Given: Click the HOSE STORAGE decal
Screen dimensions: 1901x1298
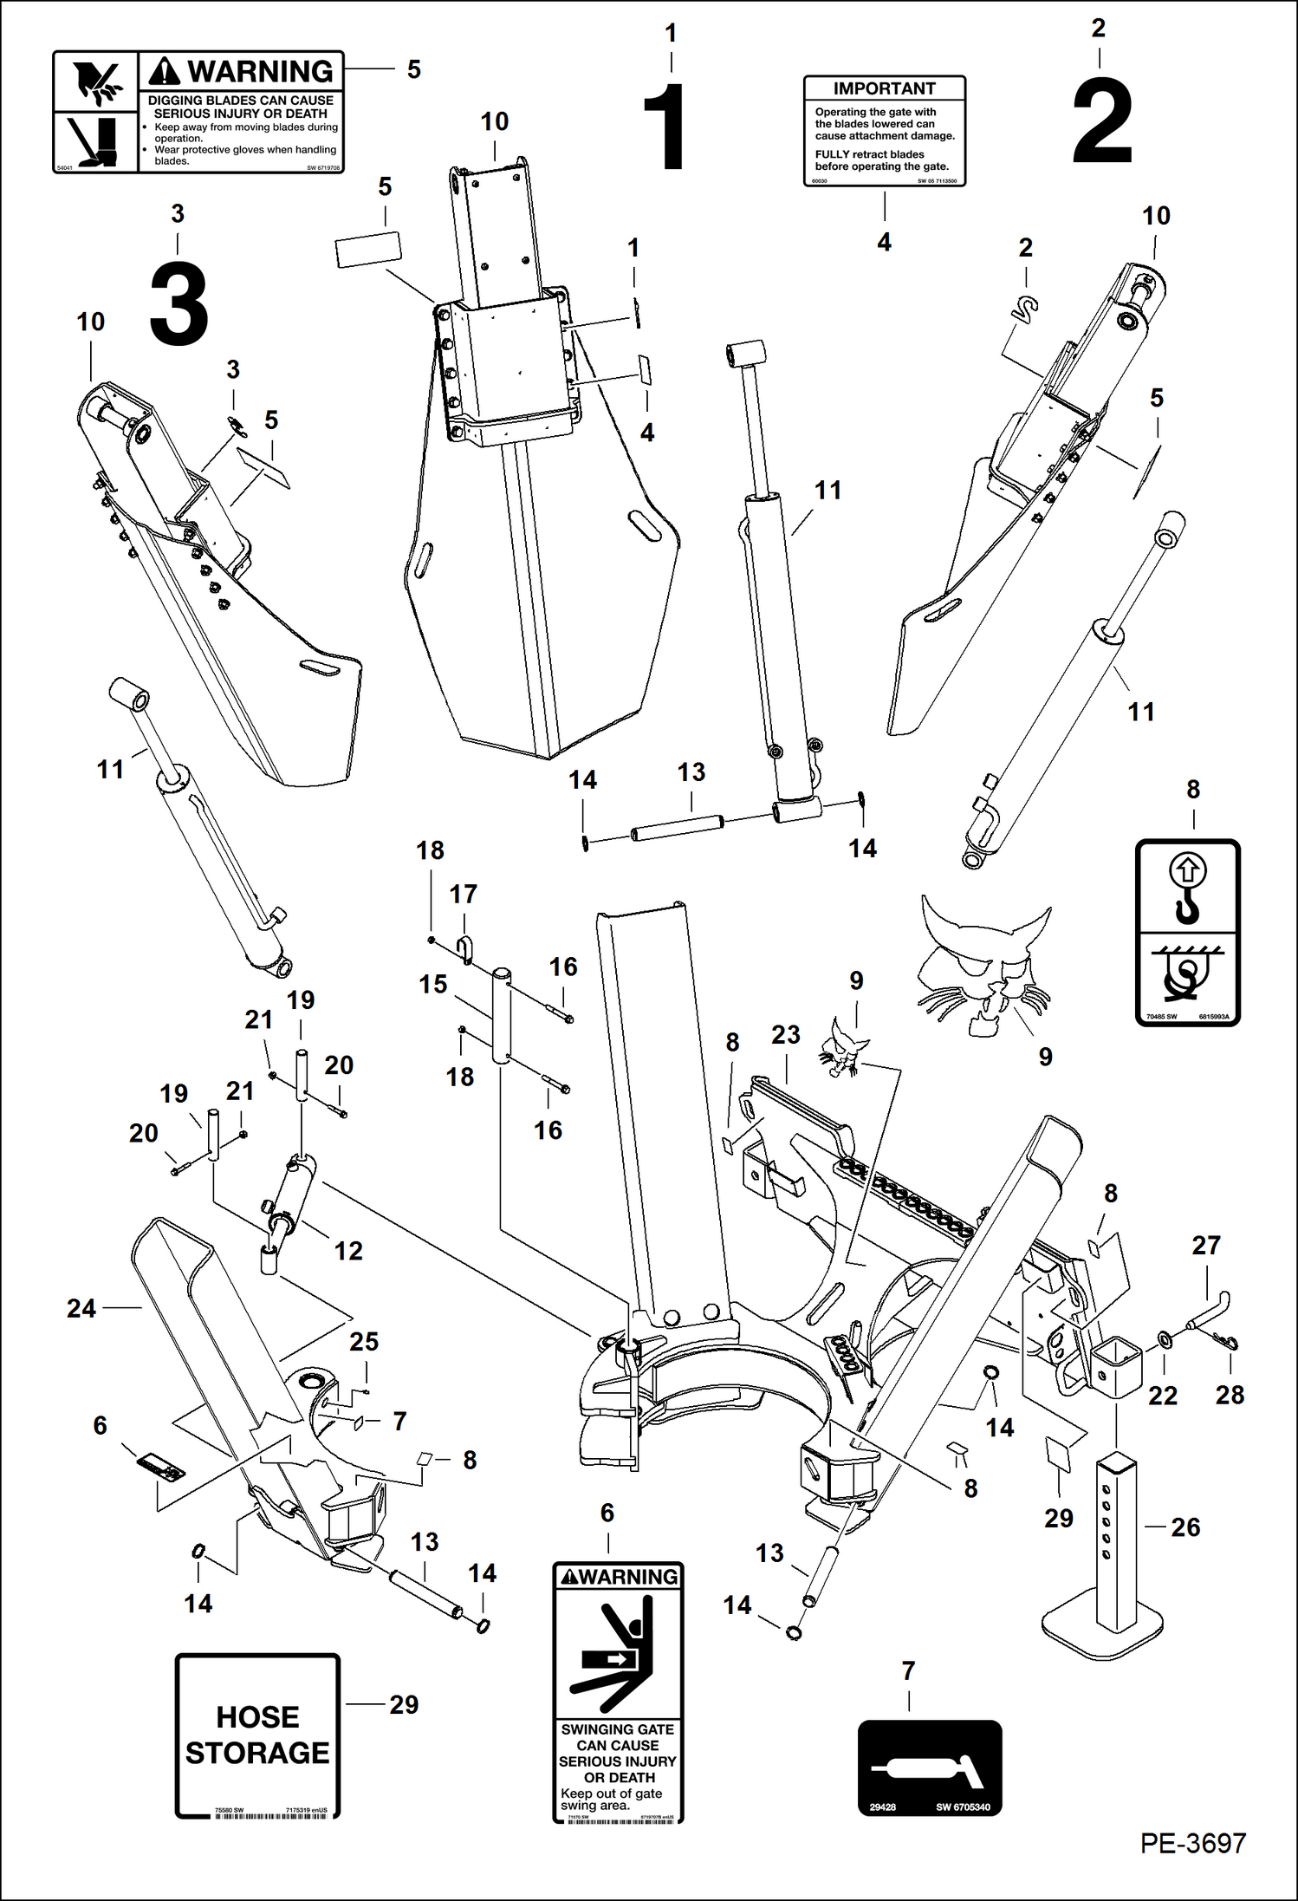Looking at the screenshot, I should click(257, 1735).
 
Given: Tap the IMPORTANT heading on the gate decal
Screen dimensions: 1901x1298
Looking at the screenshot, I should click(884, 88).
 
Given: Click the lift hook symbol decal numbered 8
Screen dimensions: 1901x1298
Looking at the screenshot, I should click(1187, 932).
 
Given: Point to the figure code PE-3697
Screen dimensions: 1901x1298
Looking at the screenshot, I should click(1192, 1843).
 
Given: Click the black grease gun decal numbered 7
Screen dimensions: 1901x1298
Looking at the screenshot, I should click(929, 1768).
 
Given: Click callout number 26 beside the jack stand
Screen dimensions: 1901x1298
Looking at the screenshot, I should click(1185, 1527).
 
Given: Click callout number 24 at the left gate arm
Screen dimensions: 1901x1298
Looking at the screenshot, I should click(81, 1308).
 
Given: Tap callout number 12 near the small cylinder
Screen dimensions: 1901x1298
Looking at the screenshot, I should click(348, 1250).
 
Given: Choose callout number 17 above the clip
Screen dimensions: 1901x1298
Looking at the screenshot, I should click(463, 894).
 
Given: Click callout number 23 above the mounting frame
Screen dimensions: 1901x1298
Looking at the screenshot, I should click(785, 1034).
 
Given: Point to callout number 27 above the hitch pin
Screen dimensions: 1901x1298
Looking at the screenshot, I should click(1205, 1245).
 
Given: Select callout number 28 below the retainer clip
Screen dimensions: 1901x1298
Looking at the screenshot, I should click(1229, 1395).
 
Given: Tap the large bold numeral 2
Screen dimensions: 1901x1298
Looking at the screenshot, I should click(1101, 120).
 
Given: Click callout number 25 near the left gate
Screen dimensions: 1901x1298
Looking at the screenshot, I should click(364, 1341).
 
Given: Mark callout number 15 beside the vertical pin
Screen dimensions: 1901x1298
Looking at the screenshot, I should click(433, 984).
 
